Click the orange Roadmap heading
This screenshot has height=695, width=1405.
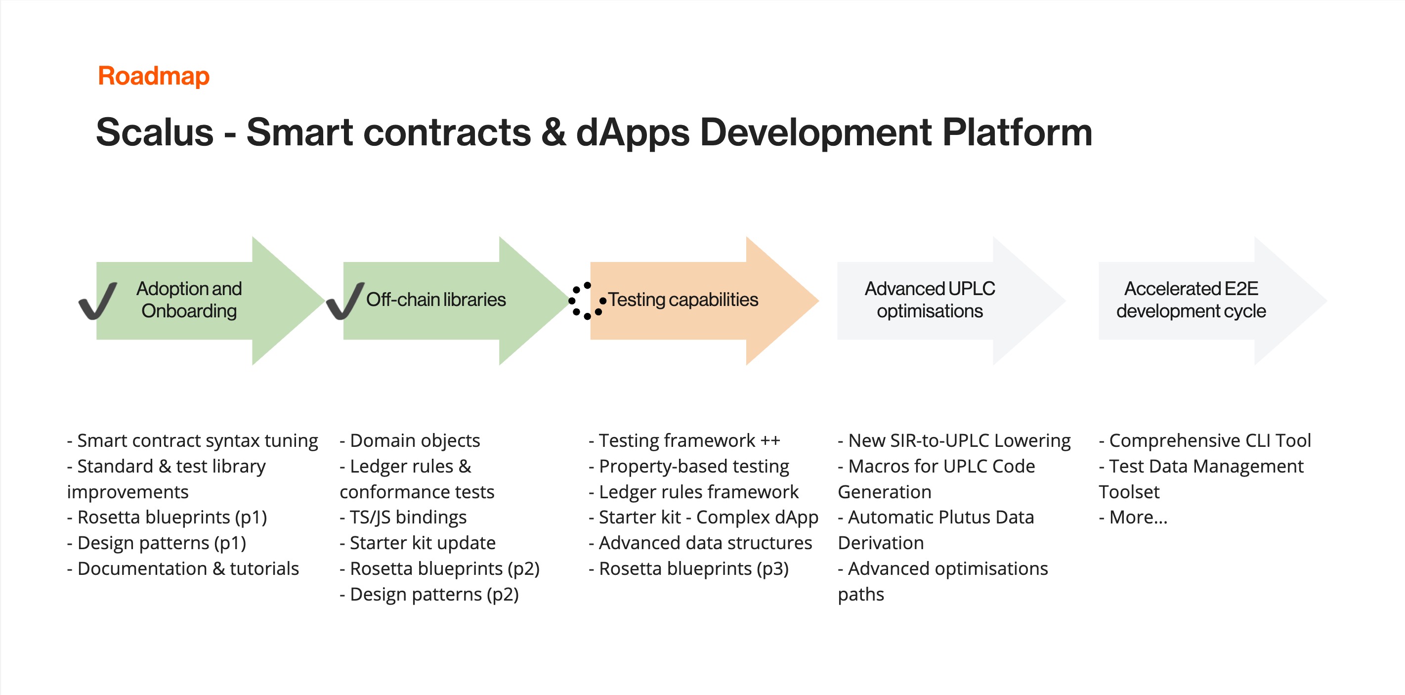click(153, 76)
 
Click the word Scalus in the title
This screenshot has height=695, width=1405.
click(154, 132)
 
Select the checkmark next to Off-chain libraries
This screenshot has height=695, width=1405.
click(345, 301)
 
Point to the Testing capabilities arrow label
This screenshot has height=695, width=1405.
click(683, 300)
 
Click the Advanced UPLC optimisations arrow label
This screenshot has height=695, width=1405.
click(930, 300)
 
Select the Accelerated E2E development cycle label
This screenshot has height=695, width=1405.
click(1191, 300)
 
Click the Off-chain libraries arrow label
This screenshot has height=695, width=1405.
click(436, 300)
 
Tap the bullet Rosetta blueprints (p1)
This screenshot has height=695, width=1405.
click(167, 517)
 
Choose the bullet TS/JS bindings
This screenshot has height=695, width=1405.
click(403, 517)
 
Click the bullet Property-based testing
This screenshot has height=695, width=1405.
click(689, 467)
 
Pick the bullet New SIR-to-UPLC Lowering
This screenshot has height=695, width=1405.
click(954, 441)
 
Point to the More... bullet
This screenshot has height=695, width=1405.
click(1133, 517)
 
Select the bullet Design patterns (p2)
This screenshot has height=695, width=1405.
click(429, 594)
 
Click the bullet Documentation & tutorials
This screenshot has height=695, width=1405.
click(183, 568)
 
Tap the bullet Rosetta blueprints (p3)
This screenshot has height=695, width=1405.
click(688, 568)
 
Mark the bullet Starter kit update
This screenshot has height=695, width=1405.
click(418, 543)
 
